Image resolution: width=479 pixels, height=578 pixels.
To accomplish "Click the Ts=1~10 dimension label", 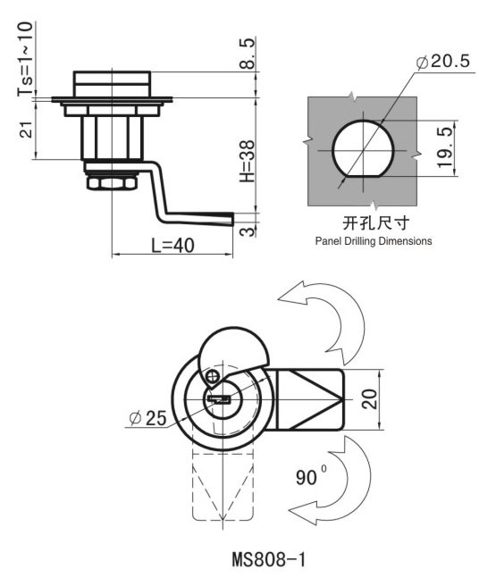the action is tap(25, 59).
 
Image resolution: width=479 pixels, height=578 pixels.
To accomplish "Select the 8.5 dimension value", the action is tap(247, 54).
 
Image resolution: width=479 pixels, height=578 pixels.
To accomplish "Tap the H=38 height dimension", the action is tap(247, 161).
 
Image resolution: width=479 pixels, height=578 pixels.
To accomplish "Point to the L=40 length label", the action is tap(173, 246).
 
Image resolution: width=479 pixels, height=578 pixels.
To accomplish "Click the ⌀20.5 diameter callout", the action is tap(443, 61).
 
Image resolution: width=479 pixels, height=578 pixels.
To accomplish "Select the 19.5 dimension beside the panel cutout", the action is tap(445, 147).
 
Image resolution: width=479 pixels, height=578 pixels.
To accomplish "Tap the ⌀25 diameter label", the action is tap(147, 418).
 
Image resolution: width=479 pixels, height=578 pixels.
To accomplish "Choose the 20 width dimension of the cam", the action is tap(370, 398).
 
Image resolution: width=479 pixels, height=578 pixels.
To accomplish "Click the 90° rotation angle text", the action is tap(311, 477).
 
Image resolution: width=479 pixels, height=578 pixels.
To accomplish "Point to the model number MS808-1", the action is tap(269, 559).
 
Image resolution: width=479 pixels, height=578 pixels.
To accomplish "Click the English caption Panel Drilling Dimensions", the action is tap(374, 241).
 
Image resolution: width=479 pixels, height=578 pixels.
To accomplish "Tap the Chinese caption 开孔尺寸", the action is tap(375, 222).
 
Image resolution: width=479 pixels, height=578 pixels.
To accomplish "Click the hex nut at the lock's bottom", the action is tap(112, 183).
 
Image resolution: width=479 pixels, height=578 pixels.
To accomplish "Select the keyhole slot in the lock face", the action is tap(219, 399).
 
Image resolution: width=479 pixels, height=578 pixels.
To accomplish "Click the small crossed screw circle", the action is tap(213, 376).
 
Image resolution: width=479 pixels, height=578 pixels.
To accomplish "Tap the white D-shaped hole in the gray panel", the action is tap(363, 150).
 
